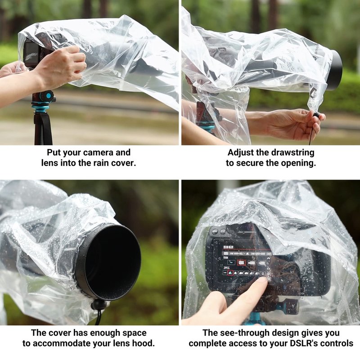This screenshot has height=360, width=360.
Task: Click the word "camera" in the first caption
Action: (x=98, y=153)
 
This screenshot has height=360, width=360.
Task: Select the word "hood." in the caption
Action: (x=143, y=343)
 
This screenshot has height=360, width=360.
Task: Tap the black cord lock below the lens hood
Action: (x=99, y=305)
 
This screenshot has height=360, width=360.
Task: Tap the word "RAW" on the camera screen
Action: (x=226, y=257)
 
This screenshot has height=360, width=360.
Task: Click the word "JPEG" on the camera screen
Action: (x=227, y=268)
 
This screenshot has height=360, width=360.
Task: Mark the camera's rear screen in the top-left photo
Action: (x=31, y=54)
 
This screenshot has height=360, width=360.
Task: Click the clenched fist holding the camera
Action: (x=62, y=65)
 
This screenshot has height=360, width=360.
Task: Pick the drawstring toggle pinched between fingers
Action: (x=316, y=115)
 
